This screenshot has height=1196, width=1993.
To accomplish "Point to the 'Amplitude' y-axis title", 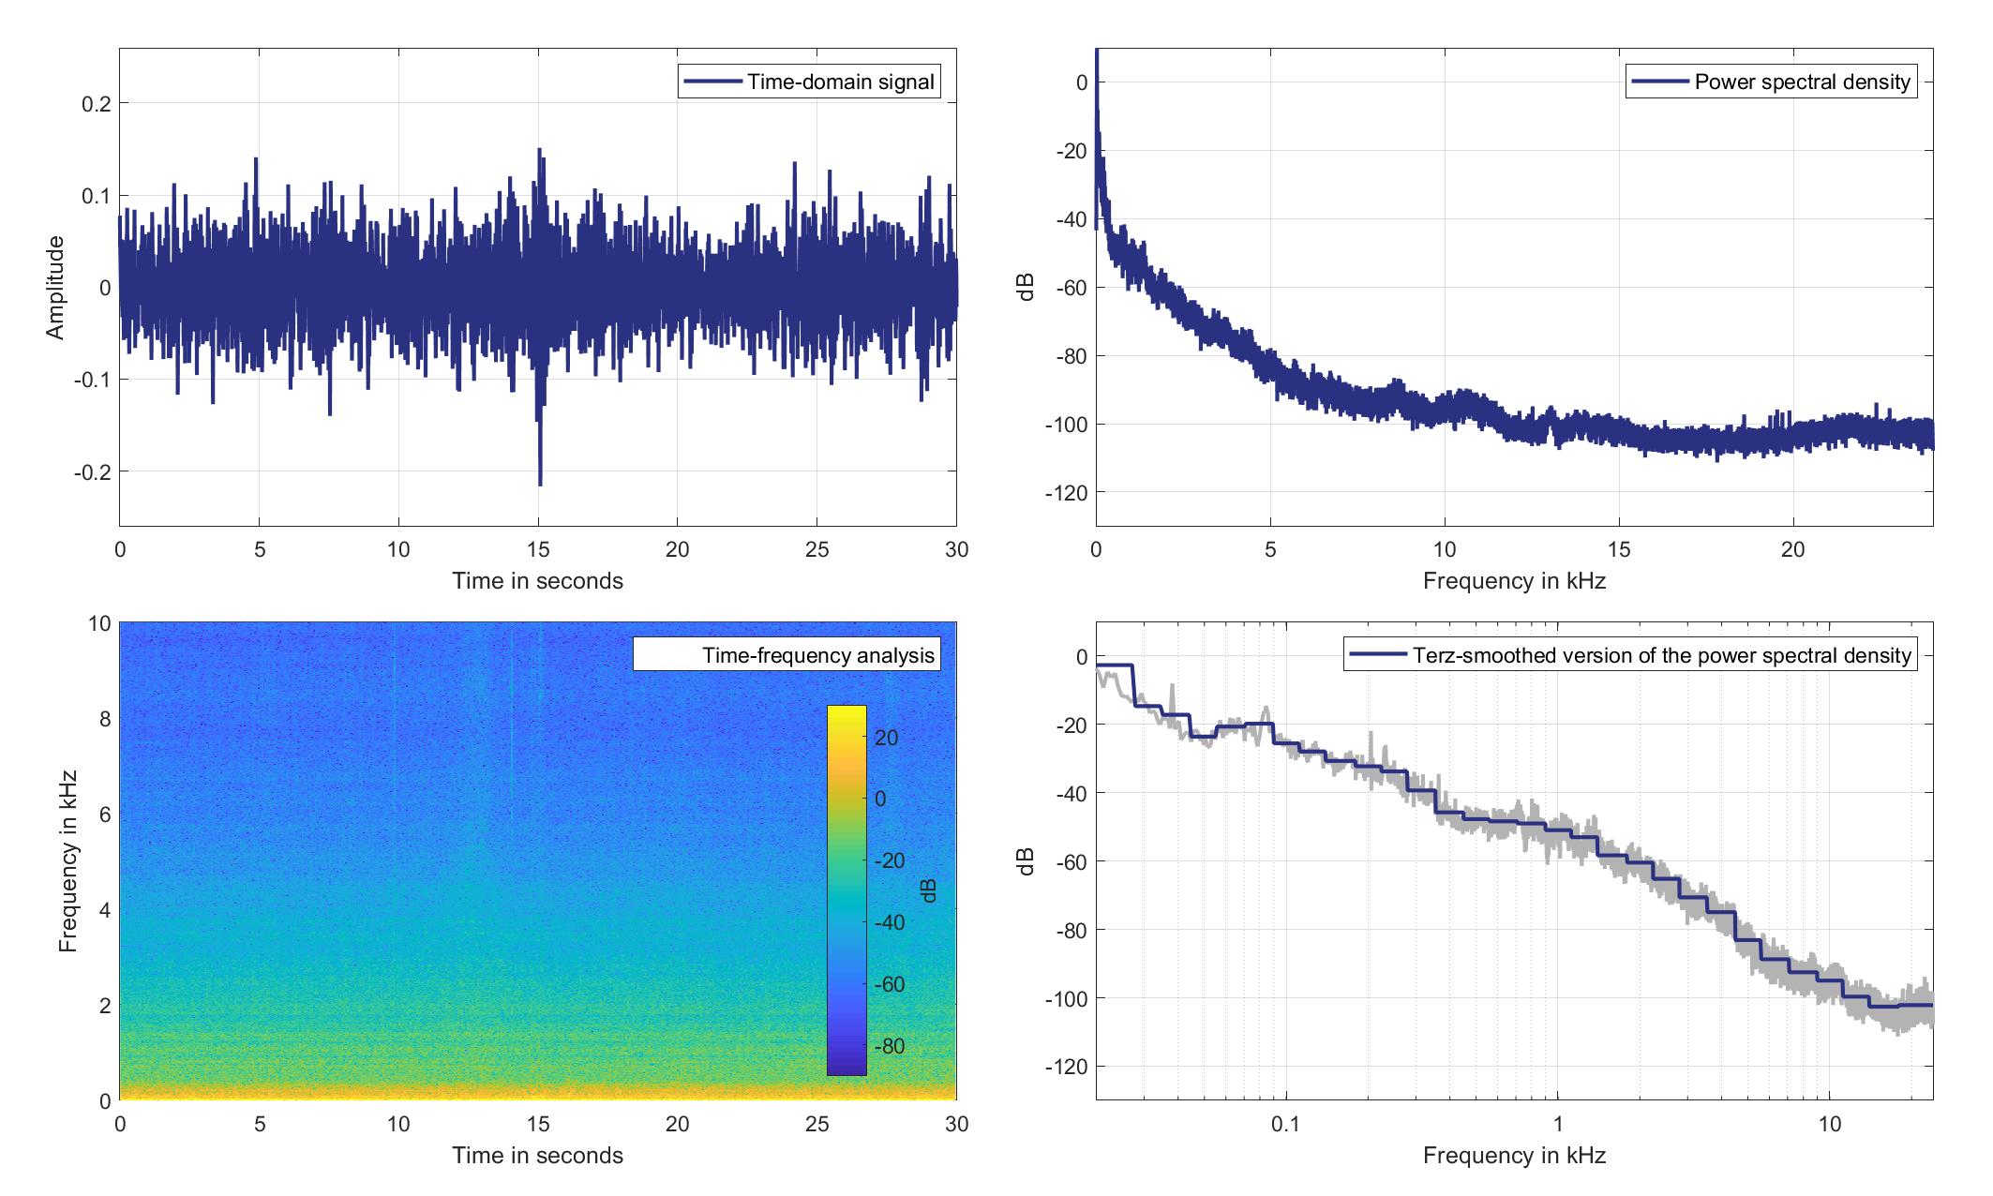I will (x=55, y=288).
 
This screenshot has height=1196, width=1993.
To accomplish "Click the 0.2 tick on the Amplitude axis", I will (x=97, y=103).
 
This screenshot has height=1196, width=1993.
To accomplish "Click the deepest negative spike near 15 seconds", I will (x=540, y=483).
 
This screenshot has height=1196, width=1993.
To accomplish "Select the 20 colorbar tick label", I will (x=887, y=738).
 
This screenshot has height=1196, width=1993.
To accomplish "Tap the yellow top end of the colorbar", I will (x=847, y=710).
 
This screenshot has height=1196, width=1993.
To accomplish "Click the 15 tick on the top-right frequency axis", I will (x=1619, y=550).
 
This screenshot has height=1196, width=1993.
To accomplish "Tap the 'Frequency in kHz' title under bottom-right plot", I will (x=1514, y=1156).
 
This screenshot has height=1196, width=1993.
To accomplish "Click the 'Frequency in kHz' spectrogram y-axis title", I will (x=67, y=861).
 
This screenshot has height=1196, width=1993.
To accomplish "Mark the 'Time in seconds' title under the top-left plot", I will (x=537, y=581).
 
